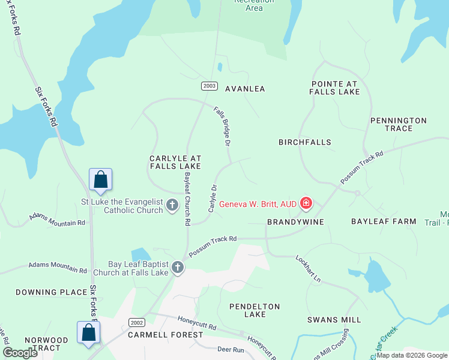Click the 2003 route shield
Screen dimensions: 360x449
(209, 86)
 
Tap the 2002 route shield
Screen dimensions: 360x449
(137, 323)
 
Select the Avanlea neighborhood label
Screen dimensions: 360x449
(245, 89)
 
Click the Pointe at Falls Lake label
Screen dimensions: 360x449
(335, 88)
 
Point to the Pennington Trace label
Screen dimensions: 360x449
(399, 124)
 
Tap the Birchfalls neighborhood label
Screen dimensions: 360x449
(305, 142)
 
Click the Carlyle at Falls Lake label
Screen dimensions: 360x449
(175, 161)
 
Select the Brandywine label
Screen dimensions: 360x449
(295, 222)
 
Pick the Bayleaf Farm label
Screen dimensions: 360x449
(384, 221)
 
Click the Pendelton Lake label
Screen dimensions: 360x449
(255, 310)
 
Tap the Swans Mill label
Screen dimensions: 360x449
(334, 320)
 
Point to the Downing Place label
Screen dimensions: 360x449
(52, 292)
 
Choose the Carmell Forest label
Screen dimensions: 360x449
(158, 335)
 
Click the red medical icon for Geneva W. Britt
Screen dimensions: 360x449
(306, 204)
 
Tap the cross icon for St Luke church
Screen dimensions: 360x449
(172, 205)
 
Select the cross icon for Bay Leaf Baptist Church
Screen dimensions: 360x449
(178, 268)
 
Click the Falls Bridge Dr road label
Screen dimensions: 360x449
(222, 127)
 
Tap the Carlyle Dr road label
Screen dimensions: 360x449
(212, 198)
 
